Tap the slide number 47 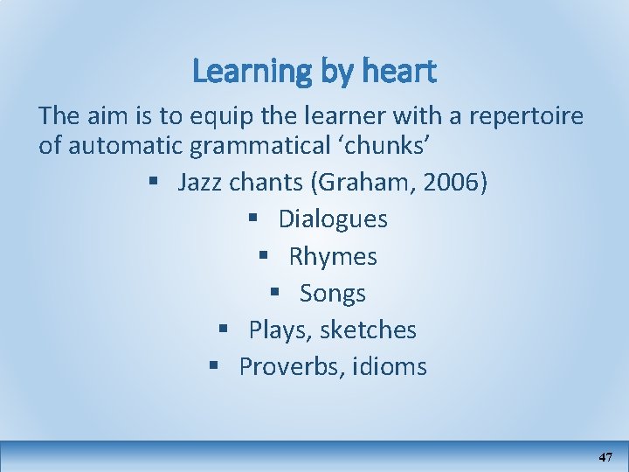(x=605, y=457)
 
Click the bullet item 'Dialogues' (x=332, y=219)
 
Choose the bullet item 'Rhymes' (x=332, y=256)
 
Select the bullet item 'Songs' (x=332, y=293)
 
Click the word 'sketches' (x=368, y=330)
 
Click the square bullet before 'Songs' (x=274, y=293)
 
